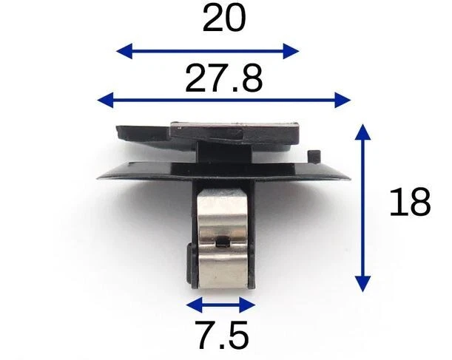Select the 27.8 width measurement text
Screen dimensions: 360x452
(224, 78)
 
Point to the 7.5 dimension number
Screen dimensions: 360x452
(221, 336)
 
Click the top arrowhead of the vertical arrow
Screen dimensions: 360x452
(362, 132)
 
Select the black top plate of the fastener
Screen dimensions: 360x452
(207, 134)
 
